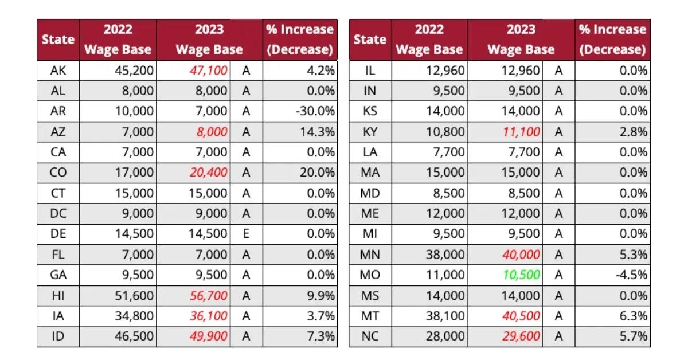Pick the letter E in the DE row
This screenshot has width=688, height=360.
point(246,234)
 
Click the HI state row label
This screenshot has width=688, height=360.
point(58,295)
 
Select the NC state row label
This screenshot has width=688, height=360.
point(370,336)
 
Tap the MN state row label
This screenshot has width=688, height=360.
point(370,255)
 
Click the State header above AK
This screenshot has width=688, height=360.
point(58,40)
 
